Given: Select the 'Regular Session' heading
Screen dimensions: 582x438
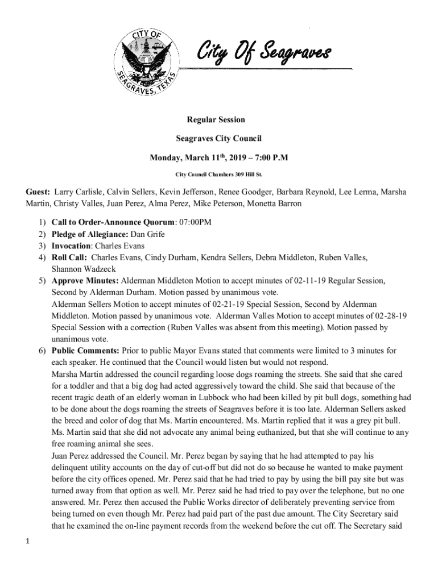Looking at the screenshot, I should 216,120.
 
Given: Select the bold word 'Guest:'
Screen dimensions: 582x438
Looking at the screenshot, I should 37,192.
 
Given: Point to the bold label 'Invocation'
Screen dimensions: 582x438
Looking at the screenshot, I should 71,246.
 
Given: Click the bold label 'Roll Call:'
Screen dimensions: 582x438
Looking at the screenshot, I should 69,257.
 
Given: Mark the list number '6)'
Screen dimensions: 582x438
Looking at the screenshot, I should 42,351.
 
